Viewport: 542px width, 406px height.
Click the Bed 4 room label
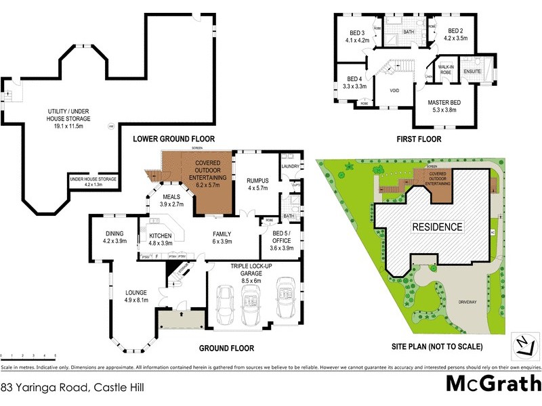click(x=354, y=83)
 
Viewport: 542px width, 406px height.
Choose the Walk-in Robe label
click(x=446, y=69)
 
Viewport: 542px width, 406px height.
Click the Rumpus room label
click(x=259, y=184)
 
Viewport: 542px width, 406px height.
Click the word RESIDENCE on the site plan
click(x=438, y=227)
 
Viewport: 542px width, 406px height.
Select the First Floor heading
click(x=419, y=139)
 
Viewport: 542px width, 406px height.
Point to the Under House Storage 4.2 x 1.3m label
click(x=93, y=181)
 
